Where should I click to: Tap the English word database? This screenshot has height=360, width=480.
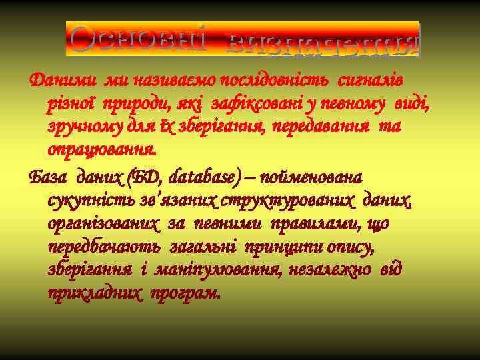(201, 178)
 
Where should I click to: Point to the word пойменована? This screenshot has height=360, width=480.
(313, 178)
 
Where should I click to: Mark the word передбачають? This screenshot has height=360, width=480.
(103, 247)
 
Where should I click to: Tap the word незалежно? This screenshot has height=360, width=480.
(319, 270)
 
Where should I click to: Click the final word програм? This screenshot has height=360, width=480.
(185, 293)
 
